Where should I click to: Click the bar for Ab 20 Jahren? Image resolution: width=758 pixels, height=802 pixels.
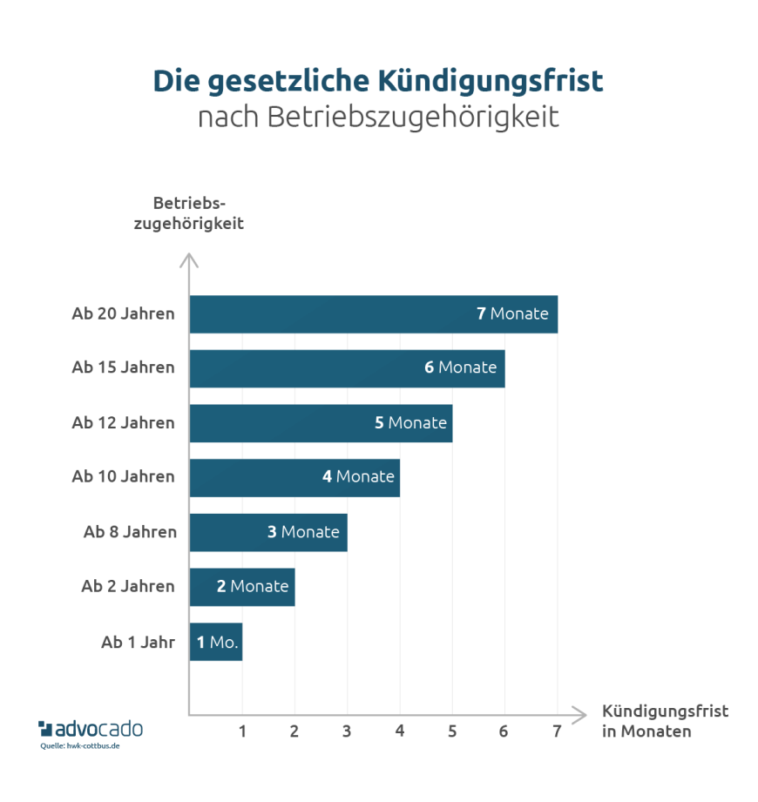[x=373, y=314]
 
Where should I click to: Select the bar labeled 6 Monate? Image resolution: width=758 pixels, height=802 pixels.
[x=347, y=368]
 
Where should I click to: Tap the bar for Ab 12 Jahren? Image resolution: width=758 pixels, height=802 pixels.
[x=321, y=423]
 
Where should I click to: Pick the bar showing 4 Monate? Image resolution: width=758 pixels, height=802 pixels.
[x=294, y=477]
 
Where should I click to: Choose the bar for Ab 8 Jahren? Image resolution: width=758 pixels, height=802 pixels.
[x=268, y=532]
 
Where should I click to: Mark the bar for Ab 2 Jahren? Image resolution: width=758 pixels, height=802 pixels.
[x=242, y=587]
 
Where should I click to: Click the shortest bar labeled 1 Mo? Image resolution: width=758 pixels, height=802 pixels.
[x=216, y=642]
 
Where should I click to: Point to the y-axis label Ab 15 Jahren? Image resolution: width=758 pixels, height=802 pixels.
[x=123, y=367]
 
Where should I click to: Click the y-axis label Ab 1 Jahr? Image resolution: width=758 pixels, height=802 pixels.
[x=138, y=643]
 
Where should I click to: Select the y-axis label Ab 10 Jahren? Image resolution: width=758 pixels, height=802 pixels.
[x=123, y=476]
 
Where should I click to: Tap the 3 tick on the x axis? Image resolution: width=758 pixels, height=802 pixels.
[x=347, y=731]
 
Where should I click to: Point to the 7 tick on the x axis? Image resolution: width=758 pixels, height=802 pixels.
[x=557, y=731]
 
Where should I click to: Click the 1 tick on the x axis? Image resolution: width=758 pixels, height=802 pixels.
[x=242, y=731]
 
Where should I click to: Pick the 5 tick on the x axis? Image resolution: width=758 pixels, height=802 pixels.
[x=452, y=731]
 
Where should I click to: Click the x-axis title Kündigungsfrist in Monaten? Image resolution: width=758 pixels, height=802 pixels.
[x=665, y=721]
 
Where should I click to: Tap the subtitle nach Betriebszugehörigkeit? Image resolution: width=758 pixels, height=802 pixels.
[x=378, y=117]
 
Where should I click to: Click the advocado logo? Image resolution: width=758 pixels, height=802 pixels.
[x=91, y=728]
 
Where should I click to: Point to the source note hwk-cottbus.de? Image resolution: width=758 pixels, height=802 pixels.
[x=80, y=746]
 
